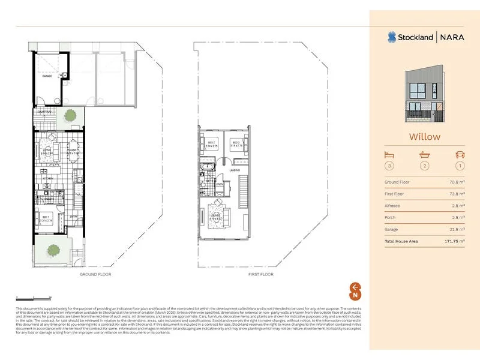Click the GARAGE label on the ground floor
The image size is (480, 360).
47,76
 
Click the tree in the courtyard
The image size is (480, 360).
71,114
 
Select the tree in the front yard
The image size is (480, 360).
52,249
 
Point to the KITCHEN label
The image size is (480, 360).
47,178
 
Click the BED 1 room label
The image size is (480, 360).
46,217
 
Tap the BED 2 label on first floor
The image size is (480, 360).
210,143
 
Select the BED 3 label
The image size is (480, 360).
236,143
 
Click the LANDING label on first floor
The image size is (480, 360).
235,170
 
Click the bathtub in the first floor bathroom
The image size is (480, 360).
208,166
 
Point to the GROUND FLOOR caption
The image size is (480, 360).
95,274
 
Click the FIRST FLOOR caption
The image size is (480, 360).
260,274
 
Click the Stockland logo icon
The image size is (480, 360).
391,37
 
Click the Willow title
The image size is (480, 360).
425,136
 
